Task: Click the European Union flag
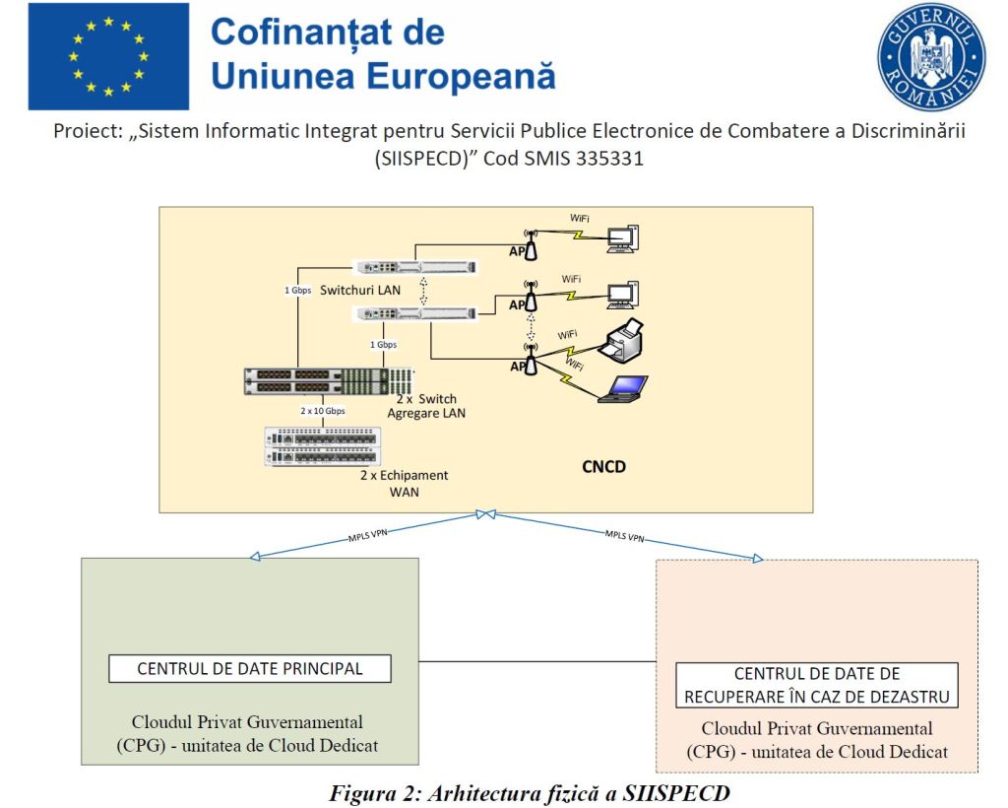[108, 56]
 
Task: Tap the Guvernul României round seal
[930, 56]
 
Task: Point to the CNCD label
[602, 466]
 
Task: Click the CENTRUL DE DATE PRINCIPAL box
[249, 669]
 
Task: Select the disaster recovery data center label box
[816, 686]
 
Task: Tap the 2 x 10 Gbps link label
[322, 410]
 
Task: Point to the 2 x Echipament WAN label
[404, 483]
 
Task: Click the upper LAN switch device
[414, 267]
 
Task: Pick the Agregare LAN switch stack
[330, 381]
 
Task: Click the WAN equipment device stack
[321, 446]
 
